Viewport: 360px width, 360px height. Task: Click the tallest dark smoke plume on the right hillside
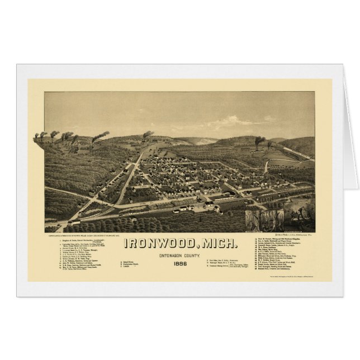point(259,142)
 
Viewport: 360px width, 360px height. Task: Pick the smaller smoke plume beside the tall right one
point(269,144)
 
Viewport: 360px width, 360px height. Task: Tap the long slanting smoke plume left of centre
point(100,136)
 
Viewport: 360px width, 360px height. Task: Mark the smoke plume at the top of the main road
point(148,134)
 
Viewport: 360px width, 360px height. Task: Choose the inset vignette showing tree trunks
point(272,220)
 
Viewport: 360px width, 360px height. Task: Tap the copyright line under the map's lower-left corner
point(89,235)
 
